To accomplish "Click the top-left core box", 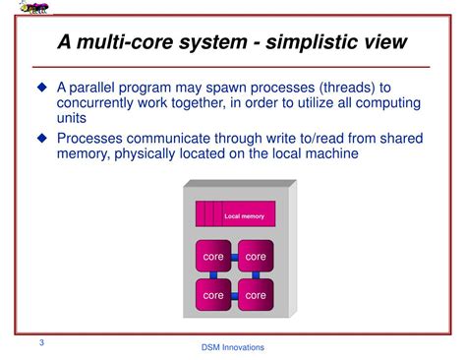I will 213,257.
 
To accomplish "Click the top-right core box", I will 256,257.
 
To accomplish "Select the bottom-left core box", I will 213,294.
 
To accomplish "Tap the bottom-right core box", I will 256,294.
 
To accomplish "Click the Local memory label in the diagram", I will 244,214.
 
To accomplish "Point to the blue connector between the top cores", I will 235,257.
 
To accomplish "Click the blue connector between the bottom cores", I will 235,294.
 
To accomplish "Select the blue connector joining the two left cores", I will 213,275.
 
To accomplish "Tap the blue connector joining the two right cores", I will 256,275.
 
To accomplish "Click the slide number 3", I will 41,343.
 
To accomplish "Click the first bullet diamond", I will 42,89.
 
